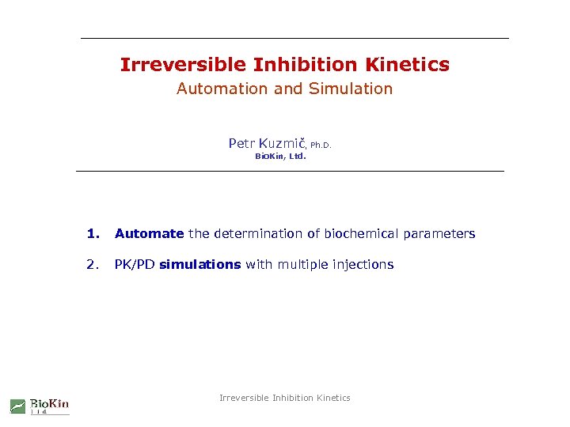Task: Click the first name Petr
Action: pyautogui.click(x=241, y=143)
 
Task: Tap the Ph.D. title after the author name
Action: pyautogui.click(x=321, y=145)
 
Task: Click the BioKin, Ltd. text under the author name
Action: pyautogui.click(x=280, y=157)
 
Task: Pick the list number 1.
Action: pyautogui.click(x=94, y=233)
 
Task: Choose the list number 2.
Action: pyautogui.click(x=94, y=264)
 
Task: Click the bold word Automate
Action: pyautogui.click(x=149, y=233)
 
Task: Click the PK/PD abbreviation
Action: pyautogui.click(x=135, y=264)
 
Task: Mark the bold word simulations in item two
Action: pyautogui.click(x=199, y=264)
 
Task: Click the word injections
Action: pyautogui.click(x=363, y=264)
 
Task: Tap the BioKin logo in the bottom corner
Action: pyautogui.click(x=40, y=406)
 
